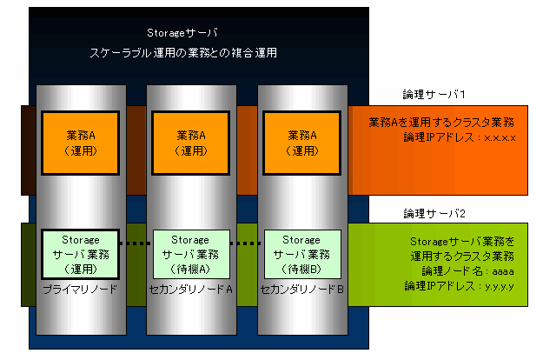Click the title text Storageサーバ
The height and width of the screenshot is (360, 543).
tap(182, 33)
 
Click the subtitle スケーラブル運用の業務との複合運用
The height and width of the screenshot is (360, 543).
tap(183, 53)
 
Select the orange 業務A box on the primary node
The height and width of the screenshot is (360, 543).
tap(80, 143)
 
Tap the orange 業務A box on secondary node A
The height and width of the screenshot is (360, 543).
tap(191, 143)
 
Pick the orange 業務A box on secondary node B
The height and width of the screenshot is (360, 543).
tap(302, 143)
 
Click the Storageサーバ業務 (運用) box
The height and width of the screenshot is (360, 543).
tap(80, 254)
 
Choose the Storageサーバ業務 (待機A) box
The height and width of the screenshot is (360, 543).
tap(191, 254)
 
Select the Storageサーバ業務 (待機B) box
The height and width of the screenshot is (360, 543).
tap(302, 254)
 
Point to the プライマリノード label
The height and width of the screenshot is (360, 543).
tap(80, 290)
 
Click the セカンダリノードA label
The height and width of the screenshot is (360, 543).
tap(191, 290)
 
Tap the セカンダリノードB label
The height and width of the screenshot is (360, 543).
tap(302, 290)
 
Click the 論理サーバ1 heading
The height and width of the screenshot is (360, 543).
tap(434, 94)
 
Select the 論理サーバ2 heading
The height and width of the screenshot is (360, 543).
tap(434, 213)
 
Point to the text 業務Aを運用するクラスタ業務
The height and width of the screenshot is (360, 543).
tap(441, 122)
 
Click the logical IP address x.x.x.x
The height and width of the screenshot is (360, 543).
tap(500, 138)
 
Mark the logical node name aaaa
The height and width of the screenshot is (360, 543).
tap(503, 271)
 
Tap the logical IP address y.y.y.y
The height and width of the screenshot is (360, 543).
tap(499, 287)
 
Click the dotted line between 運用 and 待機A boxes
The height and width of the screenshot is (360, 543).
tap(136, 243)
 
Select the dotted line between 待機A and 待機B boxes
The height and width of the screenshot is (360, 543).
tap(247, 243)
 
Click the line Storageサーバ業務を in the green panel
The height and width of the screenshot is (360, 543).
tap(462, 241)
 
